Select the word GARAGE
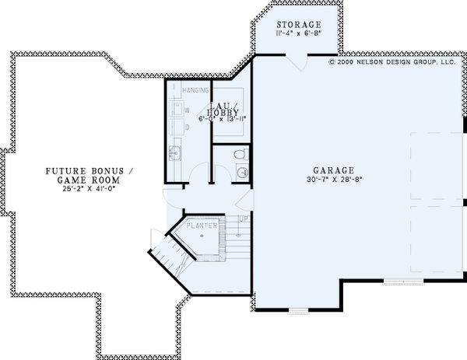tap(335, 170)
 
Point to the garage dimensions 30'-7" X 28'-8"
tap(335, 180)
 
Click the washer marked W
tap(187, 110)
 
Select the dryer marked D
tap(187, 127)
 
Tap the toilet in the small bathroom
tap(242, 153)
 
